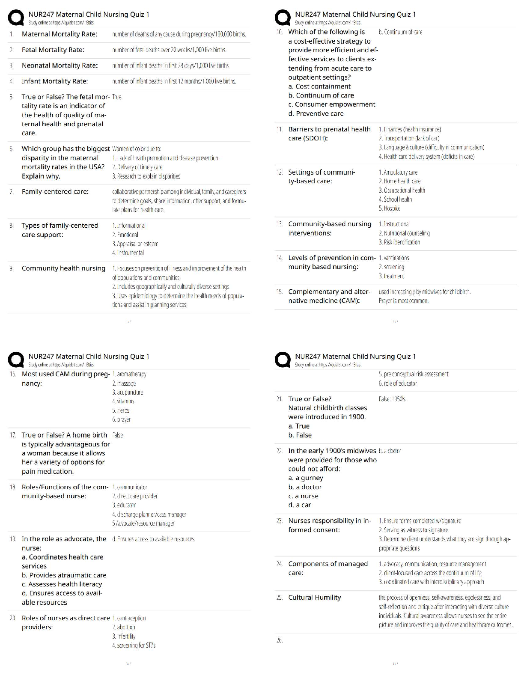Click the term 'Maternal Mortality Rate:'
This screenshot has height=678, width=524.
[60, 34]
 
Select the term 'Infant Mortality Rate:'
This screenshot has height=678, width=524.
[55, 81]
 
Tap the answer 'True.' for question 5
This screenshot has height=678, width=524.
[117, 97]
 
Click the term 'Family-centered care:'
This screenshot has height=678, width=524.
[55, 192]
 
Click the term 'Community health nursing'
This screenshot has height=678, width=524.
[63, 268]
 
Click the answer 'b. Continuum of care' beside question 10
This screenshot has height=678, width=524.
[400, 32]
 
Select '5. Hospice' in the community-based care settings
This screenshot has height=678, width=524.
[390, 208]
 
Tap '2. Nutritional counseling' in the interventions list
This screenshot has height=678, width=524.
[404, 233]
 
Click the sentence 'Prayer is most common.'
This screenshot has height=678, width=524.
[404, 301]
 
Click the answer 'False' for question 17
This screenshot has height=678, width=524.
[118, 435]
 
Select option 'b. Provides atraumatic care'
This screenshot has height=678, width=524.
[64, 575]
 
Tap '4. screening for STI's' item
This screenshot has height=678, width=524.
[134, 645]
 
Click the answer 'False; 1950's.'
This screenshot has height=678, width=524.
[393, 399]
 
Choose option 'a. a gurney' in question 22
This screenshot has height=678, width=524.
[306, 478]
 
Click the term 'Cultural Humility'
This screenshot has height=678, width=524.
[315, 598]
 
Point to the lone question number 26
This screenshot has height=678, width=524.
[279, 640]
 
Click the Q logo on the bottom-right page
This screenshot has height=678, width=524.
[283, 360]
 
